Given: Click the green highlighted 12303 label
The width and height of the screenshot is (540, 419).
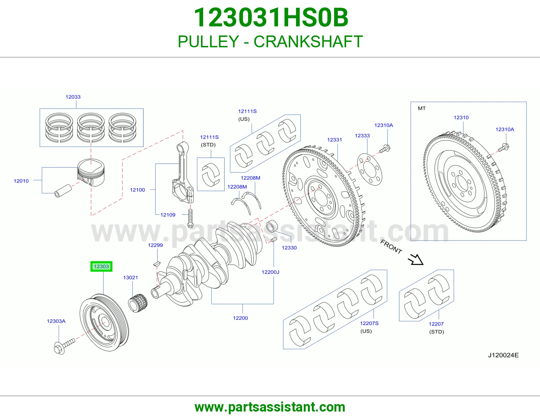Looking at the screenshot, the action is tap(101, 266).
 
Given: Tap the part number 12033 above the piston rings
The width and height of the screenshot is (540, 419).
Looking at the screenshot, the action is tap(73, 97).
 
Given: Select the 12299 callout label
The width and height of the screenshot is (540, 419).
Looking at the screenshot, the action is tap(155, 245).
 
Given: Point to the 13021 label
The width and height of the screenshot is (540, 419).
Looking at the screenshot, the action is tap(131, 277).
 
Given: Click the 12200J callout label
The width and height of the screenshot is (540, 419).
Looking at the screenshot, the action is tap(270, 272).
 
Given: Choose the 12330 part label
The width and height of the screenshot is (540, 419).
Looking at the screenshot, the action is tap(289, 248).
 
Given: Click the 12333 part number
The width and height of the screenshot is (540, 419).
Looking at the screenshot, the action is tap(362, 135).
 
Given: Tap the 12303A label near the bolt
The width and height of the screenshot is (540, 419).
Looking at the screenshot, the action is tap(56, 321).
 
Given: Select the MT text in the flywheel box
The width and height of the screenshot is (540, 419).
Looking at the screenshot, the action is tap(422, 108).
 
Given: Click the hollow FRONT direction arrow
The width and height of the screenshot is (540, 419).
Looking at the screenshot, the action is tap(416, 260).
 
